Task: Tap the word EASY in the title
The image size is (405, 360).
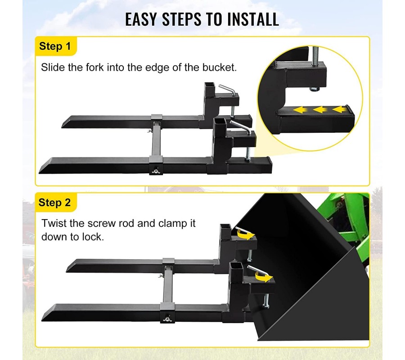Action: pos(141,19)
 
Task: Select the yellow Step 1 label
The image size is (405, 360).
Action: pos(55,46)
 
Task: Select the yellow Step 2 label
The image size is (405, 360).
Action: pos(55,202)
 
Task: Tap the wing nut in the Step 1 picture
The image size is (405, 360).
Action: pos(156,171)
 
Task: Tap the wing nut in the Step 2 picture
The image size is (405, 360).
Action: pos(167,319)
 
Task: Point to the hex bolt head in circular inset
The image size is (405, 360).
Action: pos(315,89)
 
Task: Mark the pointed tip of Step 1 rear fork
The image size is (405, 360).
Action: pos(62,127)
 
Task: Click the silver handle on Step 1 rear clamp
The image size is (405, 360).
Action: pos(227,90)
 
